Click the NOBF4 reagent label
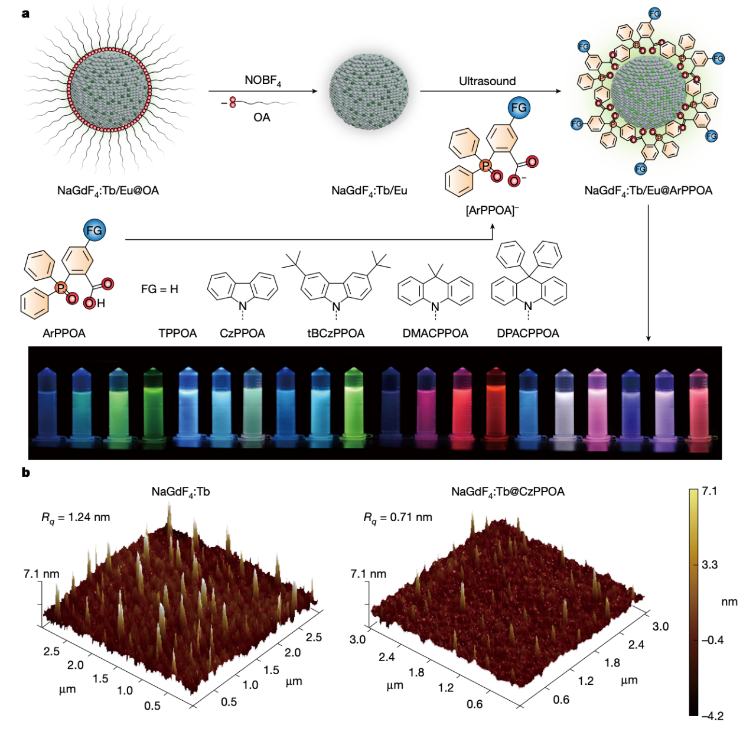click(263, 81)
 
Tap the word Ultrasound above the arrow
click(487, 81)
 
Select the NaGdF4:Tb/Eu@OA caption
click(108, 191)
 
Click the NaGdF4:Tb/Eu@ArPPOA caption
click(649, 191)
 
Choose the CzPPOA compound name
click(242, 333)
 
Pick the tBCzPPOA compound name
click(335, 333)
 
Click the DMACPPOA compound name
click(435, 333)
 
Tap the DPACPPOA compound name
click(527, 333)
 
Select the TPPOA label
click(178, 333)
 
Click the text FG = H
click(159, 289)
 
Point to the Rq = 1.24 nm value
click(76, 518)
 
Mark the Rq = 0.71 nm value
click(397, 518)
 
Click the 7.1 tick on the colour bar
click(709, 491)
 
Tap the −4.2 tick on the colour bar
click(712, 716)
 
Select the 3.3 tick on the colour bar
click(709, 565)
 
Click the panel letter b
click(25, 473)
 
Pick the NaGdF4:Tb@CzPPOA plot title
click(508, 492)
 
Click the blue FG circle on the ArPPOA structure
click(94, 230)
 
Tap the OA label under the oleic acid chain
click(262, 118)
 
